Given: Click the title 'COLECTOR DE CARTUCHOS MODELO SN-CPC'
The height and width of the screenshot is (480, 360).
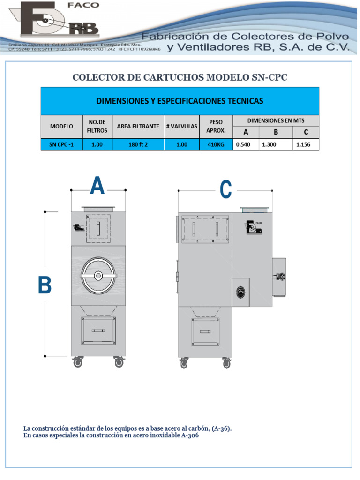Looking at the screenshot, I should click(180, 77).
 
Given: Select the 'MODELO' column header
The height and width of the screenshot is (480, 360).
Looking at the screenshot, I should click(61, 127).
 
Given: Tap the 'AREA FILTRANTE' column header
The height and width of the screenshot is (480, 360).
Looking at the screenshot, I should click(138, 127).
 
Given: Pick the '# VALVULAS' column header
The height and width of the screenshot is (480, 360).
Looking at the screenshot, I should click(182, 127).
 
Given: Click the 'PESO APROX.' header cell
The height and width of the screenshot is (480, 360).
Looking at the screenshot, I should click(216, 127).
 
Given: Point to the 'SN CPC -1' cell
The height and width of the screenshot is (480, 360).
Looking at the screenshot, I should click(61, 145).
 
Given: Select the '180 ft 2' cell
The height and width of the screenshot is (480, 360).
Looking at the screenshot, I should click(138, 145).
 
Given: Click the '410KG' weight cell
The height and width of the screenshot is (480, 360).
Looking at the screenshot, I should click(216, 145).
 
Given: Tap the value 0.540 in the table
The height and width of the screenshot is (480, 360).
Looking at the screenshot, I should click(245, 145).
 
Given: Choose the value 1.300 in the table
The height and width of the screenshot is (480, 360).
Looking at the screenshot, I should click(276, 145).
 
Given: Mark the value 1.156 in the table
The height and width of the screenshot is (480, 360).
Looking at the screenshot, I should click(306, 145).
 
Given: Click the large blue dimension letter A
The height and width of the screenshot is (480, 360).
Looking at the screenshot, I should click(97, 186).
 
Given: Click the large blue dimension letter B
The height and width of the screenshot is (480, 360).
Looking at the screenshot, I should click(45, 285).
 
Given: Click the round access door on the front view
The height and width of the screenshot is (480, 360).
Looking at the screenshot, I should click(98, 276).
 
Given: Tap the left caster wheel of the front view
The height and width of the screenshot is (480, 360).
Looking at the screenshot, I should click(77, 362).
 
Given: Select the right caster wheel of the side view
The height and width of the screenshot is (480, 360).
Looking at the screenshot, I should click(227, 362).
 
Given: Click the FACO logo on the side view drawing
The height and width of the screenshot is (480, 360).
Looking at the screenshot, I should click(253, 227).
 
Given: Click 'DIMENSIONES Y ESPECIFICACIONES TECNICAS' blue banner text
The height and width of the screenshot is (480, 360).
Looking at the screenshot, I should click(180, 101).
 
